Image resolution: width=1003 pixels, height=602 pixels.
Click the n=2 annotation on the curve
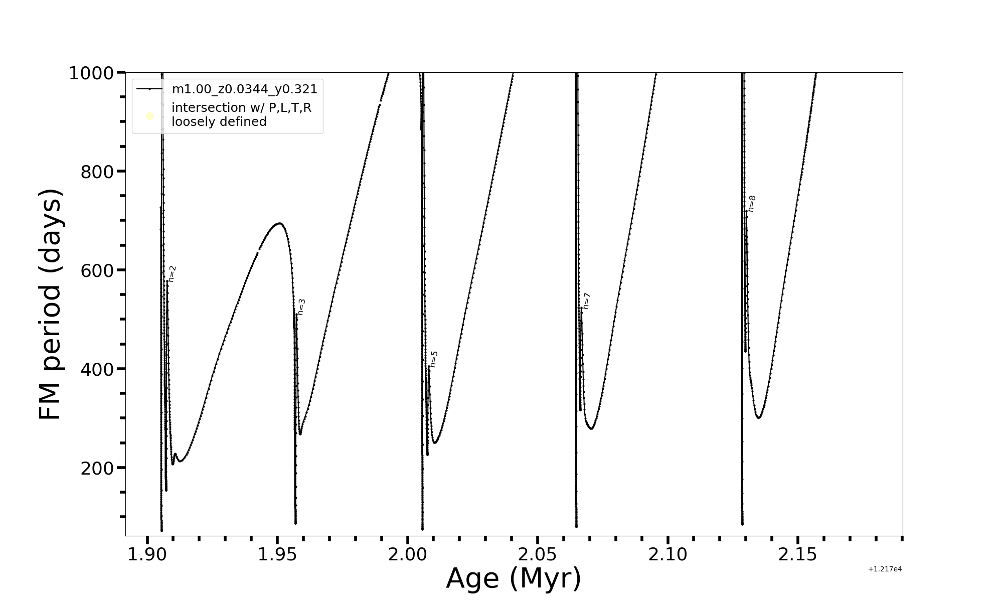(172, 274)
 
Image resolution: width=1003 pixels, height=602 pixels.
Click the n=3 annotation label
(301, 307)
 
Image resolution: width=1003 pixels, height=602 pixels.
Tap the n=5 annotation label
(434, 359)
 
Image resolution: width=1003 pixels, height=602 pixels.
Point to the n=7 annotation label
(586, 301)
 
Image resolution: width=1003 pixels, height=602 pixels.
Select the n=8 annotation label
(751, 204)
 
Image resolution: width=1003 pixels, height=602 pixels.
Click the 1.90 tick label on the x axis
(147, 555)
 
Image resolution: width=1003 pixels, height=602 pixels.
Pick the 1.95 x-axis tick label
(277, 555)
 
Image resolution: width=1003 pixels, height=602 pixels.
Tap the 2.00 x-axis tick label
(408, 555)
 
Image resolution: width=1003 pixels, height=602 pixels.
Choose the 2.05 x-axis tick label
(538, 555)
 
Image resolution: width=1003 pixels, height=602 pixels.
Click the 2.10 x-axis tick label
(668, 555)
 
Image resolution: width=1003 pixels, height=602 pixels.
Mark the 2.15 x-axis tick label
(798, 555)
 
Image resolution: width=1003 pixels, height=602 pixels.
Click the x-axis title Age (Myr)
(514, 578)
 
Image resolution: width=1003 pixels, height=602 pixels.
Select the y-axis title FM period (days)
(51, 304)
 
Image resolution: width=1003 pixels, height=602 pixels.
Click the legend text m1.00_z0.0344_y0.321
(244, 89)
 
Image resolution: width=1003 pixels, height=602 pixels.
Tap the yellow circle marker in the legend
(149, 116)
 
